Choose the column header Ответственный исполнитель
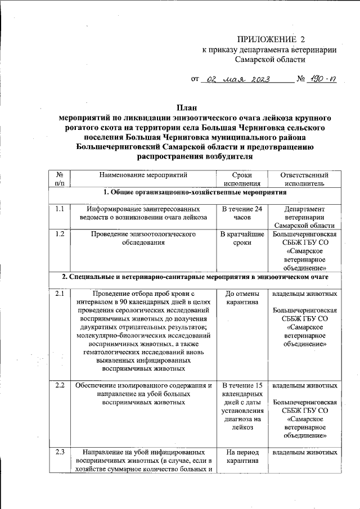coord(304,179)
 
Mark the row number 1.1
coord(60,209)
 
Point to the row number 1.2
coord(60,234)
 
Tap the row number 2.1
coord(60,294)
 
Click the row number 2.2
coord(60,386)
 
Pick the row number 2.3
coord(60,452)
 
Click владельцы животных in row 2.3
coord(304,452)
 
